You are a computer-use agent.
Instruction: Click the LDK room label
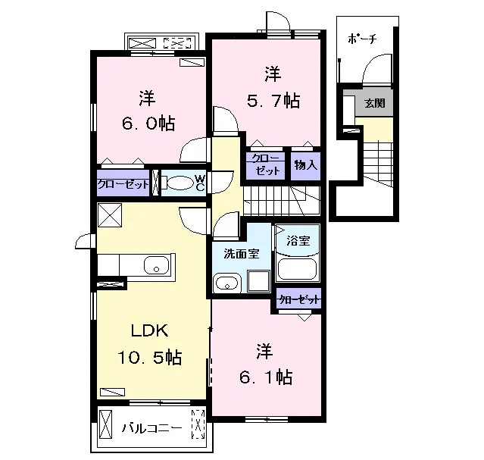click(x=150, y=330)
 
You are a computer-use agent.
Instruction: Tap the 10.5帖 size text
click(x=150, y=358)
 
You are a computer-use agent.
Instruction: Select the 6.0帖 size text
click(x=148, y=124)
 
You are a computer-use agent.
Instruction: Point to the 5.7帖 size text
click(x=273, y=100)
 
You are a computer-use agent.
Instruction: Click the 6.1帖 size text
click(x=266, y=377)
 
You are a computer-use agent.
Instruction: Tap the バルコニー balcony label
click(x=152, y=428)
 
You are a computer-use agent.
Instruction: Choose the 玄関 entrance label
click(x=375, y=103)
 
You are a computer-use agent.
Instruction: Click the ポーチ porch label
click(x=362, y=39)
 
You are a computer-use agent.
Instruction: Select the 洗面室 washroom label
click(x=242, y=254)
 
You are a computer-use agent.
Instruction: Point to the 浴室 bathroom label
click(x=298, y=240)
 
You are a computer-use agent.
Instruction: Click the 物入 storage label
click(x=305, y=165)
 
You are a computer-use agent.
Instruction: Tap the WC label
click(x=200, y=183)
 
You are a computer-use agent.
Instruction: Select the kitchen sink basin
click(x=157, y=265)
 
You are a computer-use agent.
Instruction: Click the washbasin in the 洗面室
click(x=227, y=282)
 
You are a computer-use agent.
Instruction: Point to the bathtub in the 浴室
click(x=297, y=269)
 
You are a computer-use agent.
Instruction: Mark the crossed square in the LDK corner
click(x=110, y=215)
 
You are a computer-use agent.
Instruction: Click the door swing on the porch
click(x=377, y=68)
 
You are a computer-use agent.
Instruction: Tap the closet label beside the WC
click(x=123, y=185)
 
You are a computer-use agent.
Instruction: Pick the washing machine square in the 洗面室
click(x=259, y=280)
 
